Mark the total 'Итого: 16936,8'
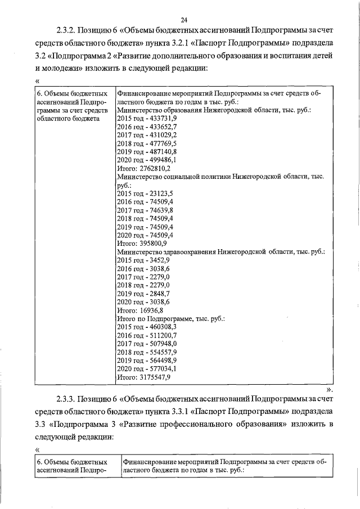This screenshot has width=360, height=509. [x=140, y=310]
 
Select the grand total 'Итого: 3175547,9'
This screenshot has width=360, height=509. [x=144, y=377]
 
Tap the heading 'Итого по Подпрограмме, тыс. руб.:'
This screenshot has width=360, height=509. [x=170, y=318]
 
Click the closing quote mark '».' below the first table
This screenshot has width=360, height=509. [x=330, y=389]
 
